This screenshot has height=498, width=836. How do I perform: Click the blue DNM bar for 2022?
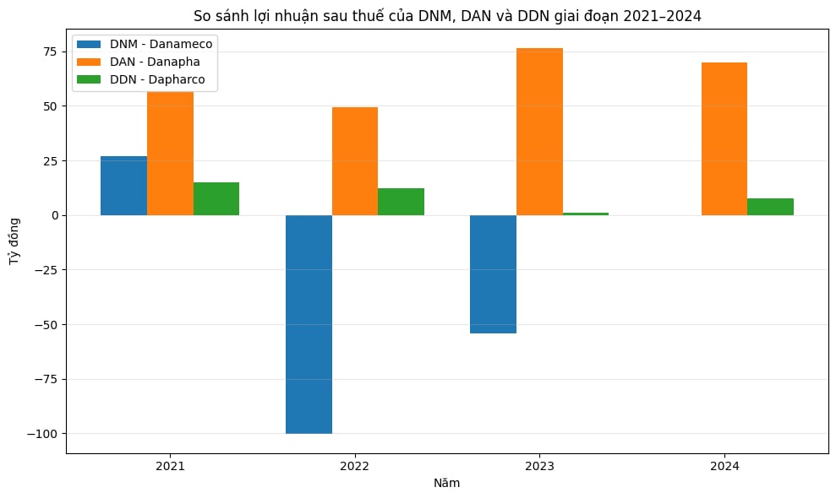tap(309, 324)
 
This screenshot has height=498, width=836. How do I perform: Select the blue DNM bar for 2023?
tap(493, 274)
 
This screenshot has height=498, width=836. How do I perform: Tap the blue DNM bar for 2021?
tap(123, 186)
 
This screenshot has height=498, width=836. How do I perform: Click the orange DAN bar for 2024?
tap(724, 138)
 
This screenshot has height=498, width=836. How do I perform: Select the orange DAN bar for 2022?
tap(355, 161)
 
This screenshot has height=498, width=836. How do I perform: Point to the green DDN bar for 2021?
tap(216, 198)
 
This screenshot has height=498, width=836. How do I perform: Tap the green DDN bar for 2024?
tap(770, 207)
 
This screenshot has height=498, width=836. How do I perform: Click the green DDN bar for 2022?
tap(401, 202)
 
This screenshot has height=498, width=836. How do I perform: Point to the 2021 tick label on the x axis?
tap(170, 466)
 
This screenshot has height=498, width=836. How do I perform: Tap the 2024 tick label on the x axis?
tap(724, 466)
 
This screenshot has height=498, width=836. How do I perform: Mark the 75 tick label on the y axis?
tap(52, 51)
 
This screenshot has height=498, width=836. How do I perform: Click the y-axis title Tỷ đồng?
tap(14, 246)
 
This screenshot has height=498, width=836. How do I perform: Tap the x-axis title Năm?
tap(447, 483)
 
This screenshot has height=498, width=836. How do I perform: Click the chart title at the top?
tap(447, 15)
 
